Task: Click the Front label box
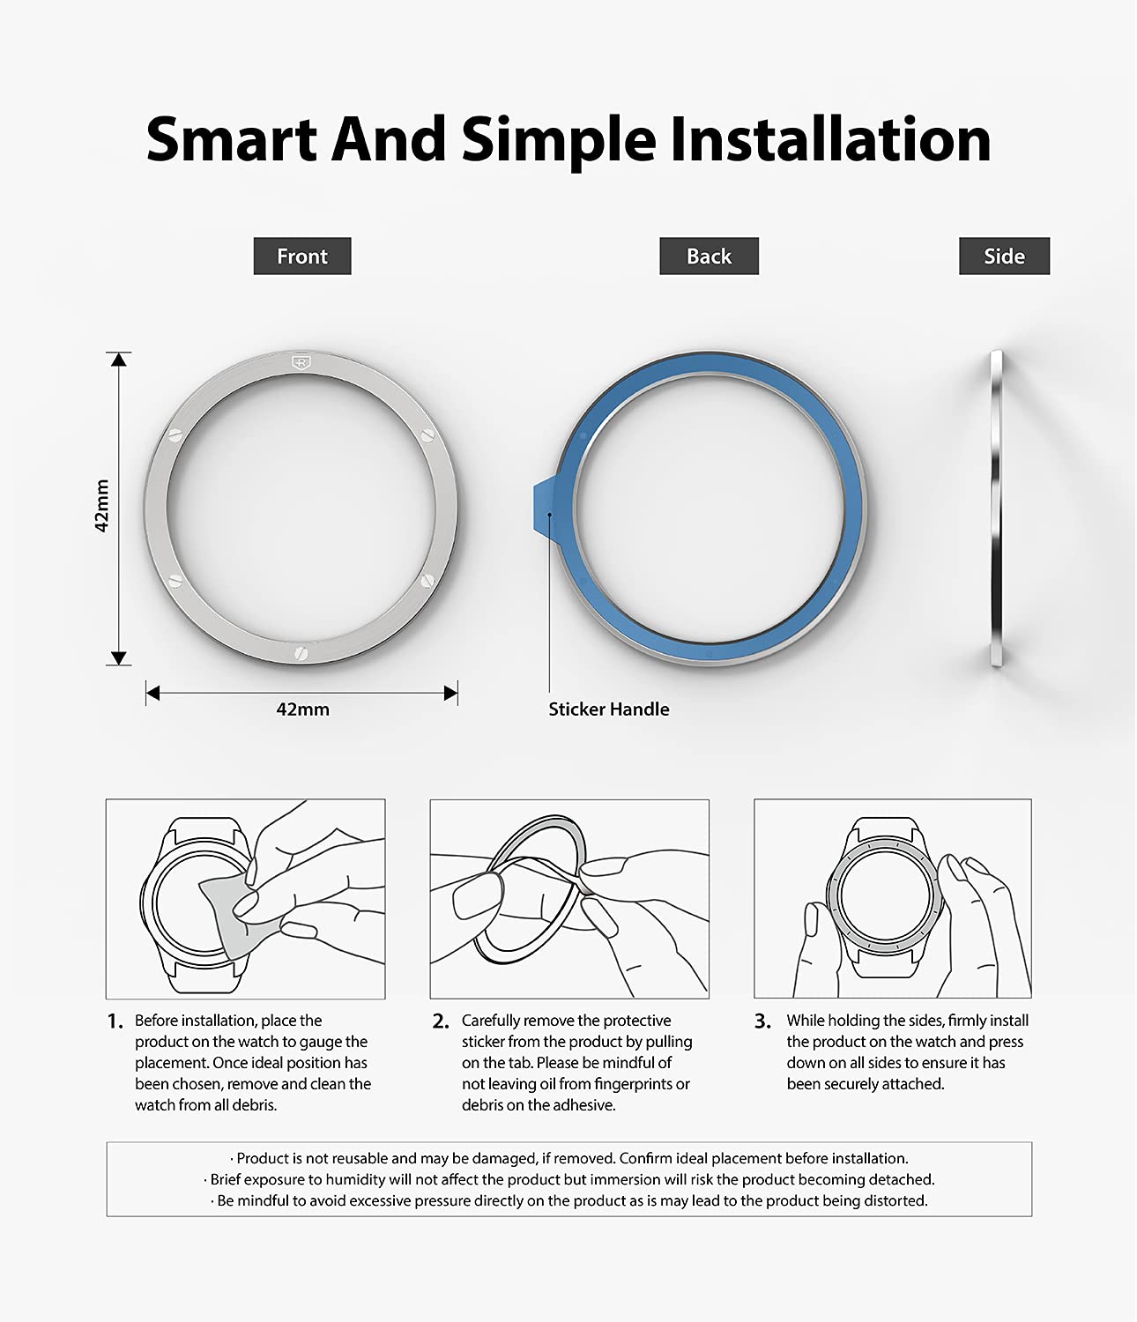[301, 256]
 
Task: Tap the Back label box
[709, 256]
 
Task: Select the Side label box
[1004, 256]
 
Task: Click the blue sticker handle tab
[544, 507]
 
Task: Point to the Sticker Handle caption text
[609, 709]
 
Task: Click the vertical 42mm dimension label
[101, 505]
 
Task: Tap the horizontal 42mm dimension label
[302, 709]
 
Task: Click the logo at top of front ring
[301, 362]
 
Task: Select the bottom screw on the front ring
[301, 653]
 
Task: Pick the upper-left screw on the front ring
[175, 435]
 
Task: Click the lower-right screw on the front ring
[427, 581]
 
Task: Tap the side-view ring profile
[996, 508]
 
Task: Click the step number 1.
[115, 1021]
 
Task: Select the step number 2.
[440, 1021]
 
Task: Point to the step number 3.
[762, 1021]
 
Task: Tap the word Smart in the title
[231, 139]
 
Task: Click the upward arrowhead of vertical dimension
[118, 360]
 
